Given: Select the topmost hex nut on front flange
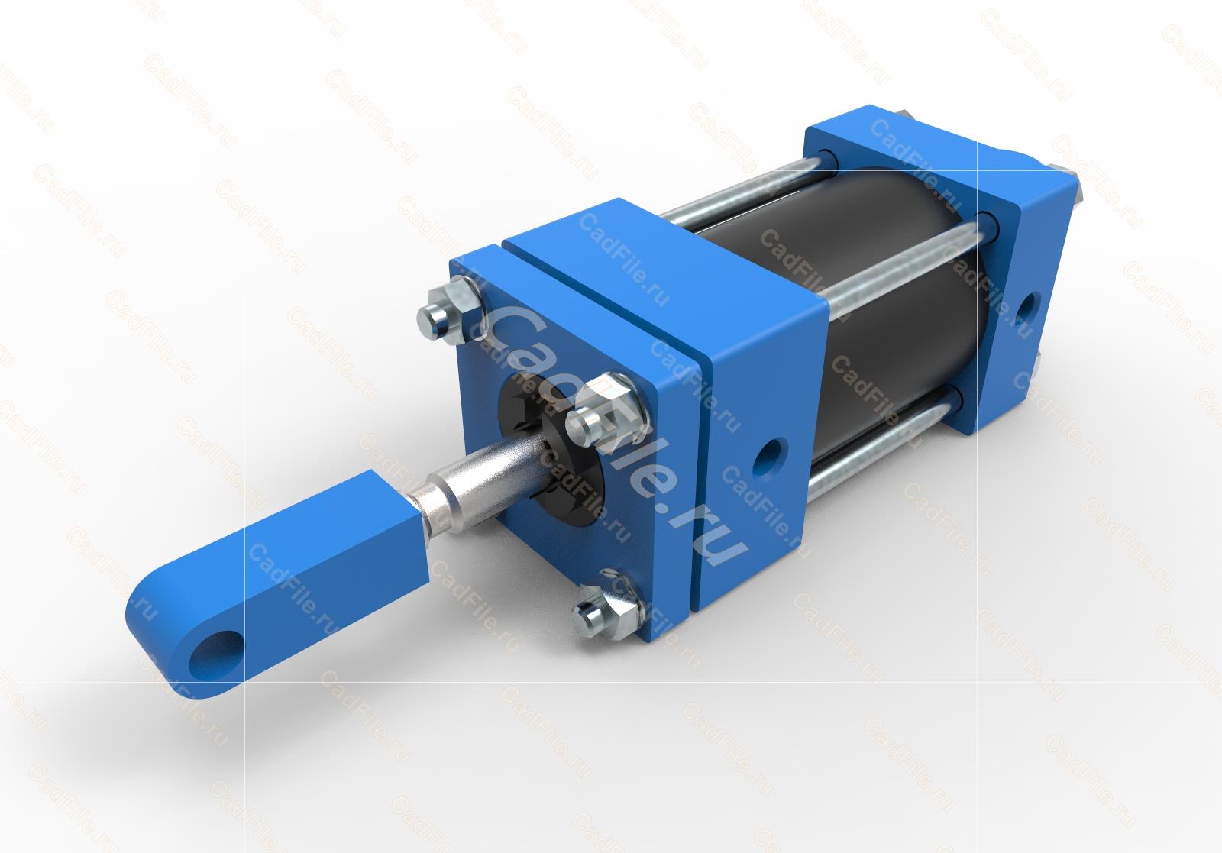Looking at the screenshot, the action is point(450,309).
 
